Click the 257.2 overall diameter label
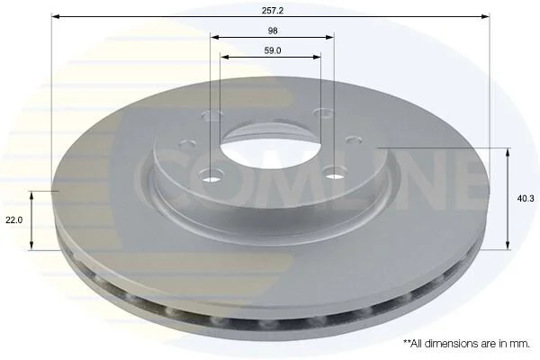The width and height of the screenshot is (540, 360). coord(273,10)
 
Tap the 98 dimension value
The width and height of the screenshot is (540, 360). coord(273,31)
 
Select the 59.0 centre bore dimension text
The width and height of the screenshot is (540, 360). coord(273,50)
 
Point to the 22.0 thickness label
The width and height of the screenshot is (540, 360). coord(13,220)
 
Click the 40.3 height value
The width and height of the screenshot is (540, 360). coord(526,198)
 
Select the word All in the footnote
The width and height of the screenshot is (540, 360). coord(420,344)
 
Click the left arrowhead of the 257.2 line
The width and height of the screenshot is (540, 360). coord(56,16)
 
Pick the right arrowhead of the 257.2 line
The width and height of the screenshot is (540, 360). coord(485,16)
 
